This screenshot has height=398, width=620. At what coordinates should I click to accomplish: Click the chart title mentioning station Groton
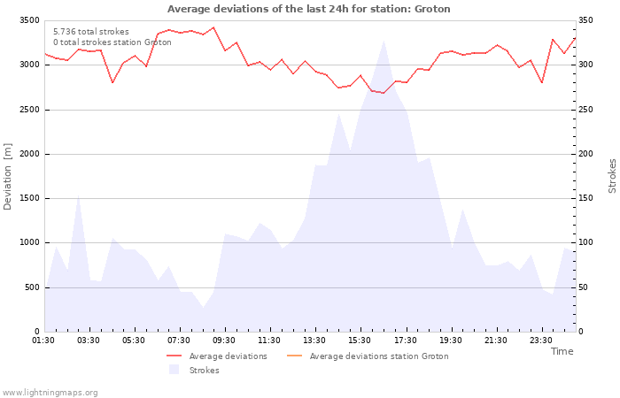tap(308, 9)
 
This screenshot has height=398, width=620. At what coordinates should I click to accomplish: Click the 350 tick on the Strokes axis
tap(586, 20)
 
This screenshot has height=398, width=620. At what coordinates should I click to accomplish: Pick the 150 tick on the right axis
tap(586, 198)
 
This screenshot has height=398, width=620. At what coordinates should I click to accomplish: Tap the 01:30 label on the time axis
tap(44, 341)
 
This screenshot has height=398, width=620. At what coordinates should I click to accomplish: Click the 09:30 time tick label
tap(225, 341)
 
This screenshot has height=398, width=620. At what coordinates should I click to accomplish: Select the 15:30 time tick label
tap(360, 341)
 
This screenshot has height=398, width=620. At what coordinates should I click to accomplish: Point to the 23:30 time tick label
tap(541, 341)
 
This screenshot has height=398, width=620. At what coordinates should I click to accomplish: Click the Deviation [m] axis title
tap(8, 175)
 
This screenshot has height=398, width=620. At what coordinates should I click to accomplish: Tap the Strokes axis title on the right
tap(612, 175)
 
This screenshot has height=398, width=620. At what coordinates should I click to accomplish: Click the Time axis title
tap(562, 351)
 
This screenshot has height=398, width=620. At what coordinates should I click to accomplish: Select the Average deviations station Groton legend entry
tap(378, 356)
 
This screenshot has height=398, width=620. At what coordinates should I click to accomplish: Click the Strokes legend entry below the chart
tap(204, 371)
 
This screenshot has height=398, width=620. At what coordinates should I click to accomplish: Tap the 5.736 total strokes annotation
tap(91, 32)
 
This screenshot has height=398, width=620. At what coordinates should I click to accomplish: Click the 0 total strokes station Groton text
tap(112, 42)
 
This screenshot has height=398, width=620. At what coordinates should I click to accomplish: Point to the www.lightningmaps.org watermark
tap(50, 392)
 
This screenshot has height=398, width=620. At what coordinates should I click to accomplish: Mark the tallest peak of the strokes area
tap(384, 42)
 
